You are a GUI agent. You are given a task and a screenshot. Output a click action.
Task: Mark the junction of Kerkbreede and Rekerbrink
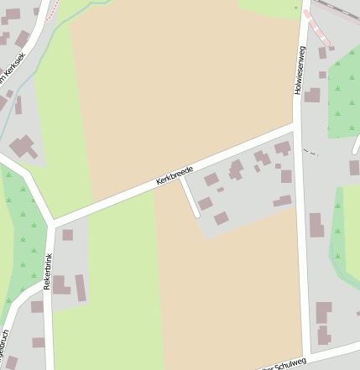52,223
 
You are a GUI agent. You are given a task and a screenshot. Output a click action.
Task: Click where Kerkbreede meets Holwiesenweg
297,125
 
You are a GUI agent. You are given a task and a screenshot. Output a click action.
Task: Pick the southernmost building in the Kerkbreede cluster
221,218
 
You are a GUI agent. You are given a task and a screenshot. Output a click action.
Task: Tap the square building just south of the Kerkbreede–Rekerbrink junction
67,235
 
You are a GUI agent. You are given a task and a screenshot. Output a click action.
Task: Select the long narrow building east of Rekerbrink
81,287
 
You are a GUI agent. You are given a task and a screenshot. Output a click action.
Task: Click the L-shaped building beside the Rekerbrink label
61,285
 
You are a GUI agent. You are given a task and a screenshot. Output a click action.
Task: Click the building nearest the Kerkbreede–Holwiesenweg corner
282,149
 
